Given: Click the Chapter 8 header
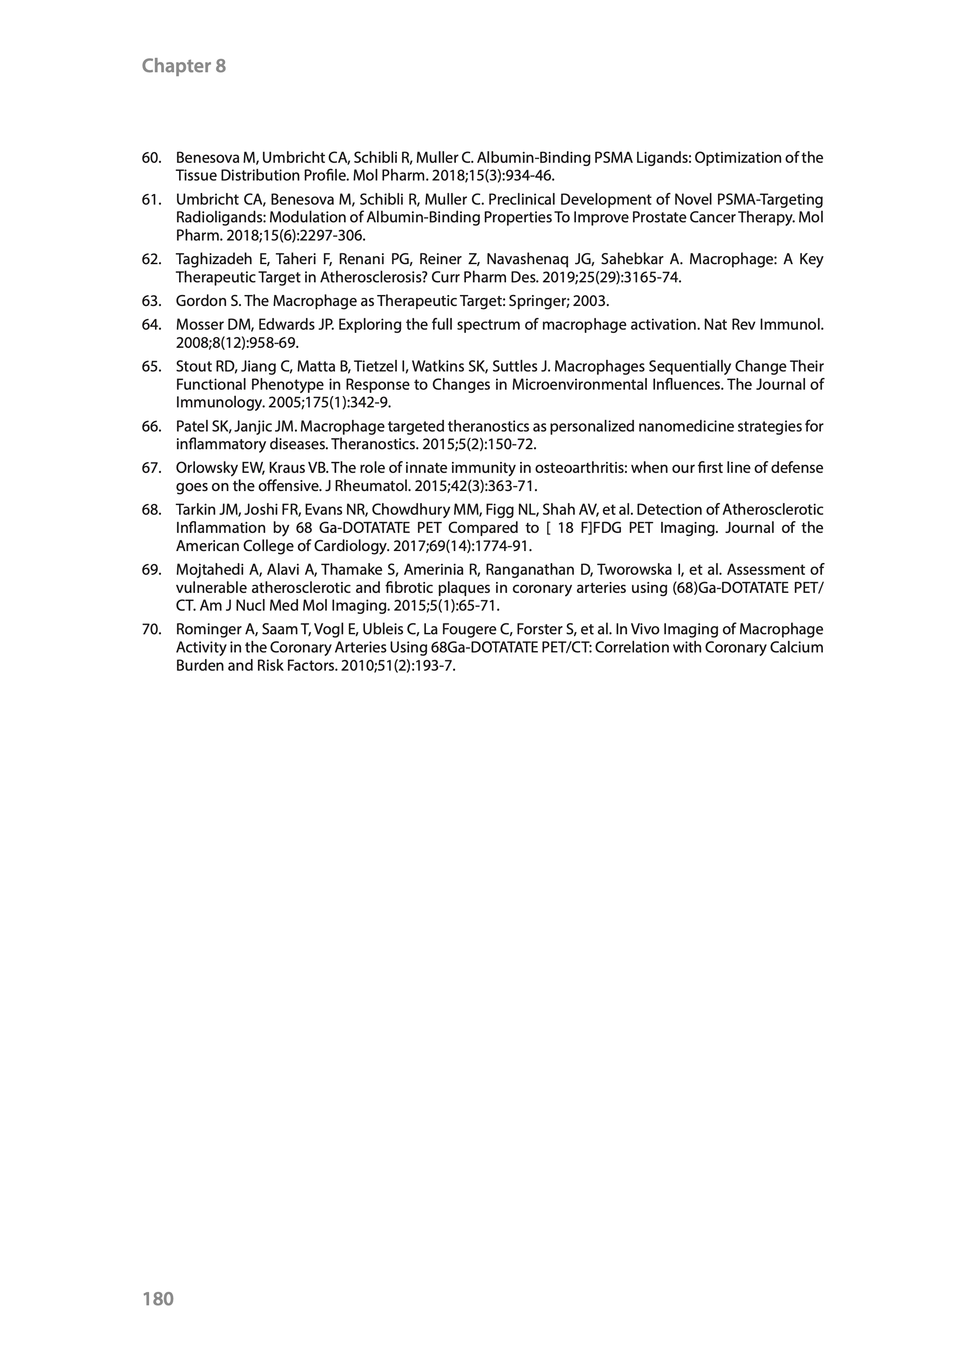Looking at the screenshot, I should click(184, 66).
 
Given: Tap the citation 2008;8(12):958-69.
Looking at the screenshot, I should click(237, 343).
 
